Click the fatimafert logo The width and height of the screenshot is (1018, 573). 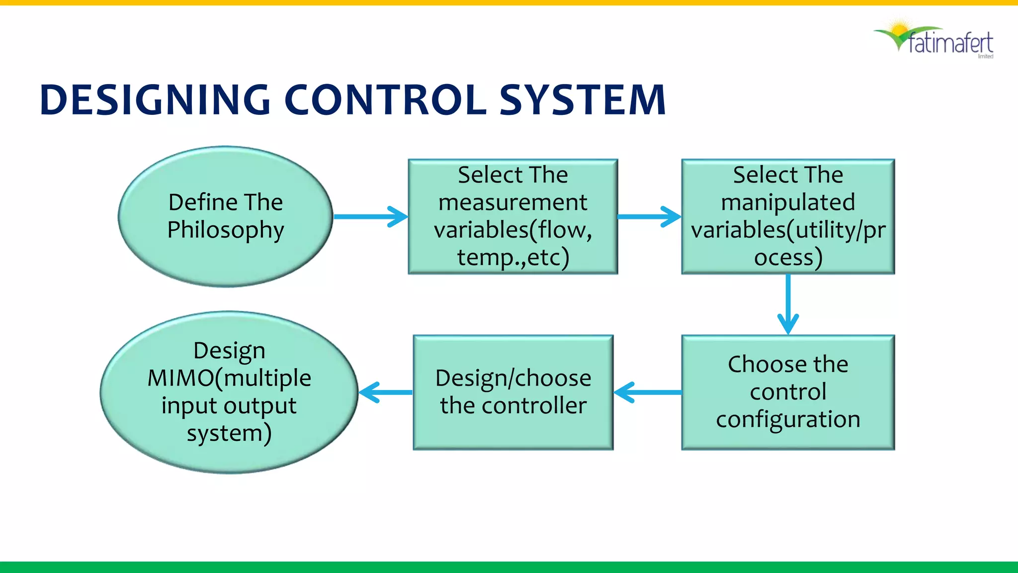934,40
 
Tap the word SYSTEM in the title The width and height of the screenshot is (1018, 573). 582,100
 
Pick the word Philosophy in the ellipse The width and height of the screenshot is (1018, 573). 225,230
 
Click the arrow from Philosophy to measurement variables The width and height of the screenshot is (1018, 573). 370,217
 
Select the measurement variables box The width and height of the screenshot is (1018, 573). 513,217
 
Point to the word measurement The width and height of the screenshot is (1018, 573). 513,202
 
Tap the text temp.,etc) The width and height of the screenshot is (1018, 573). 513,257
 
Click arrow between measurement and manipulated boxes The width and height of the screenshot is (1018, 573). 649,217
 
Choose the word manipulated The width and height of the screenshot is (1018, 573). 788,202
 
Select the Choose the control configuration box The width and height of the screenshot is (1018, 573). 788,392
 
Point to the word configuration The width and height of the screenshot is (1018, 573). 788,419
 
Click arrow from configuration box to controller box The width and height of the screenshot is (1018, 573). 648,392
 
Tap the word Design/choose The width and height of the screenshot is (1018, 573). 513,378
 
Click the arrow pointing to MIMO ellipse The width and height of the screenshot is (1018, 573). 385,392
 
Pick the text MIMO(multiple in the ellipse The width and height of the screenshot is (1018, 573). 229,378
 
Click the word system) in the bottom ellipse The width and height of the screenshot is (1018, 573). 229,433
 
